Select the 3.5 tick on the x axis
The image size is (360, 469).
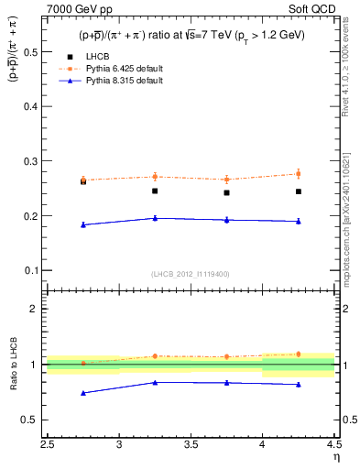[x=191, y=446]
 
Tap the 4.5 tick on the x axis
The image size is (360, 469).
[x=333, y=446]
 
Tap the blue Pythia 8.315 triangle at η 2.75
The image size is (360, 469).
[x=83, y=224]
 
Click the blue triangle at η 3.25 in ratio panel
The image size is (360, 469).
[x=155, y=382]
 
